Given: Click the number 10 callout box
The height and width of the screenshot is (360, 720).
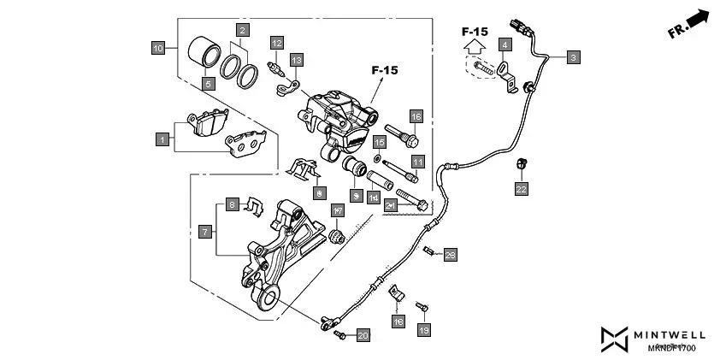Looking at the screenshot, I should coord(158,49).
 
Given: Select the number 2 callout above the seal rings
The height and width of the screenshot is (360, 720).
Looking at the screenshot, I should coord(242,31).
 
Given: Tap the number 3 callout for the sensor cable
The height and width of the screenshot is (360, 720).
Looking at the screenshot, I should coord(573,57).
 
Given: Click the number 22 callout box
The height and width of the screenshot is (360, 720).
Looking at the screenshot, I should coord(521,187).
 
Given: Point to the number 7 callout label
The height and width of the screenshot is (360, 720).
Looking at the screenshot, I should coord(205,232).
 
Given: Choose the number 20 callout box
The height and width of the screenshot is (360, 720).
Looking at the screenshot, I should coord(363,335).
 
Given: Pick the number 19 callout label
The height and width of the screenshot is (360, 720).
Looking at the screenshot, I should coord(422,328).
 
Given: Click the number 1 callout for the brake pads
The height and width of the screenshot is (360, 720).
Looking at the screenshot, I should coord(162,137).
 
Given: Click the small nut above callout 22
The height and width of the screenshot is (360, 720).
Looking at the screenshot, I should coord(521,164).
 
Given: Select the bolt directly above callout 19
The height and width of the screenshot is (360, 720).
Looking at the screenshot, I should coord(421,306).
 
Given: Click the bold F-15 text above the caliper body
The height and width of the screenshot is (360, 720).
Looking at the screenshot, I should coord(384,70).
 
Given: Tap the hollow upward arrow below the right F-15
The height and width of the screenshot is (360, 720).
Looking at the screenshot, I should coord(475,50).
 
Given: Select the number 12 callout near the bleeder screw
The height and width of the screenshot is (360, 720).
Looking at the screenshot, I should coord(276,43).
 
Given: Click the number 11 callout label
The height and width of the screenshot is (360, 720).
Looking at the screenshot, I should coord(417,161).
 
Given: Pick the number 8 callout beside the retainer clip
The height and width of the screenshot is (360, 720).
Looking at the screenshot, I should coord(232,204).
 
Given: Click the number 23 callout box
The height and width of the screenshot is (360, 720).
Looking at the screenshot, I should coord(451,254).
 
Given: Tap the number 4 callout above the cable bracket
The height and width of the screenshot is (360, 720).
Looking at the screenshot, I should coord(505,44).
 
